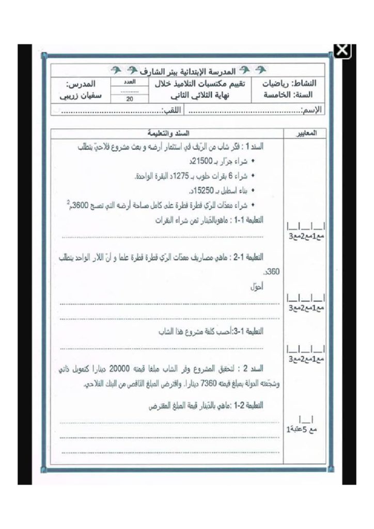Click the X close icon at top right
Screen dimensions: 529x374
pyautogui.click(x=343, y=51)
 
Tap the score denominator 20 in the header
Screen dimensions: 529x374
pyautogui.click(x=130, y=99)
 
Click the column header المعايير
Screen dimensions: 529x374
pyautogui.click(x=307, y=132)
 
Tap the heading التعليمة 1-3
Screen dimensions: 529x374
pyautogui.click(x=249, y=332)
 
